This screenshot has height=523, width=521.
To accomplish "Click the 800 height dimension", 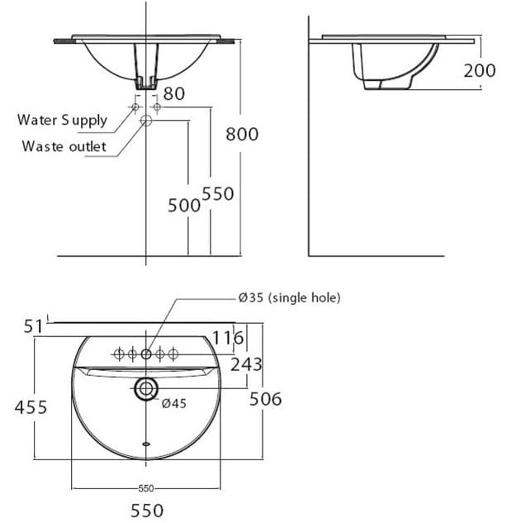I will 242,133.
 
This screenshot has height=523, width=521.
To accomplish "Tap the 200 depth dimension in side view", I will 479,70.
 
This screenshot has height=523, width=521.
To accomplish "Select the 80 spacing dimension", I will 173,93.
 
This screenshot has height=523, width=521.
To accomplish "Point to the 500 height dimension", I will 184,205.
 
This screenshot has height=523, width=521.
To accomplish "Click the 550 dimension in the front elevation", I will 218,193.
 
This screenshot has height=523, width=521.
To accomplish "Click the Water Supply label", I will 63,120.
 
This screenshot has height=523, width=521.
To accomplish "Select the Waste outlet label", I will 64,146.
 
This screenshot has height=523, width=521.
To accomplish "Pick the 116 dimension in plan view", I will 228,338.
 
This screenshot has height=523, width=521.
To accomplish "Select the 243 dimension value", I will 247,364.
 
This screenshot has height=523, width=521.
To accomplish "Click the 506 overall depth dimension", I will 265,399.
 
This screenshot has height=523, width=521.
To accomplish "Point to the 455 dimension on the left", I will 30,407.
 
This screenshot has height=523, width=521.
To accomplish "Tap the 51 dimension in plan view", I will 32,327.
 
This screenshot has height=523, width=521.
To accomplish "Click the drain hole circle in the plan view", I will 147,388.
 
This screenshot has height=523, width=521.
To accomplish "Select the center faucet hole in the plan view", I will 146,354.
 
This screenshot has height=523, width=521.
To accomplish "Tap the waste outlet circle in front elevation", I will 146,121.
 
